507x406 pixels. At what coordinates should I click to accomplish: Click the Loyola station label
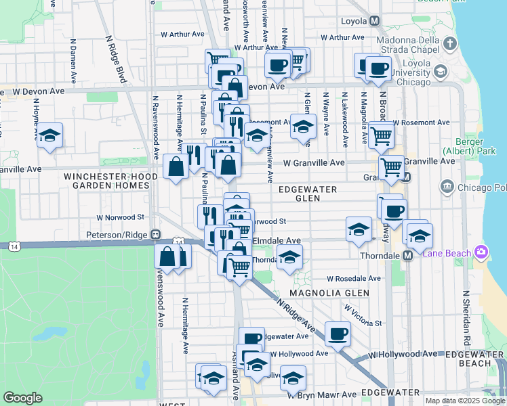point(351,21)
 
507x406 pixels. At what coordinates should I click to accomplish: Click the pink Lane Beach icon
point(481,252)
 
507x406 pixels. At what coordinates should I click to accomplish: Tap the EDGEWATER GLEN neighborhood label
point(307,194)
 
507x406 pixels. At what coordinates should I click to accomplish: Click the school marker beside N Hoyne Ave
point(49,136)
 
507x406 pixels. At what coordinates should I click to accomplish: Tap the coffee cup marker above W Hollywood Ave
point(337,333)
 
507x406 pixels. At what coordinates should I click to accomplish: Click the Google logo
point(23,398)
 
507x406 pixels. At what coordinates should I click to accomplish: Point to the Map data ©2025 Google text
point(465,401)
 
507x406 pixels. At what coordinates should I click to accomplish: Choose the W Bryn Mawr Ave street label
point(321,394)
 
